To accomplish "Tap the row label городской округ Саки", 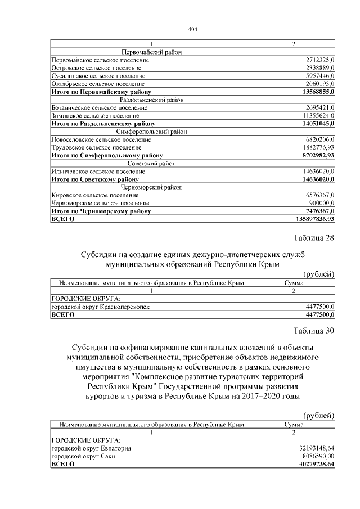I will click(x=84, y=457).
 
